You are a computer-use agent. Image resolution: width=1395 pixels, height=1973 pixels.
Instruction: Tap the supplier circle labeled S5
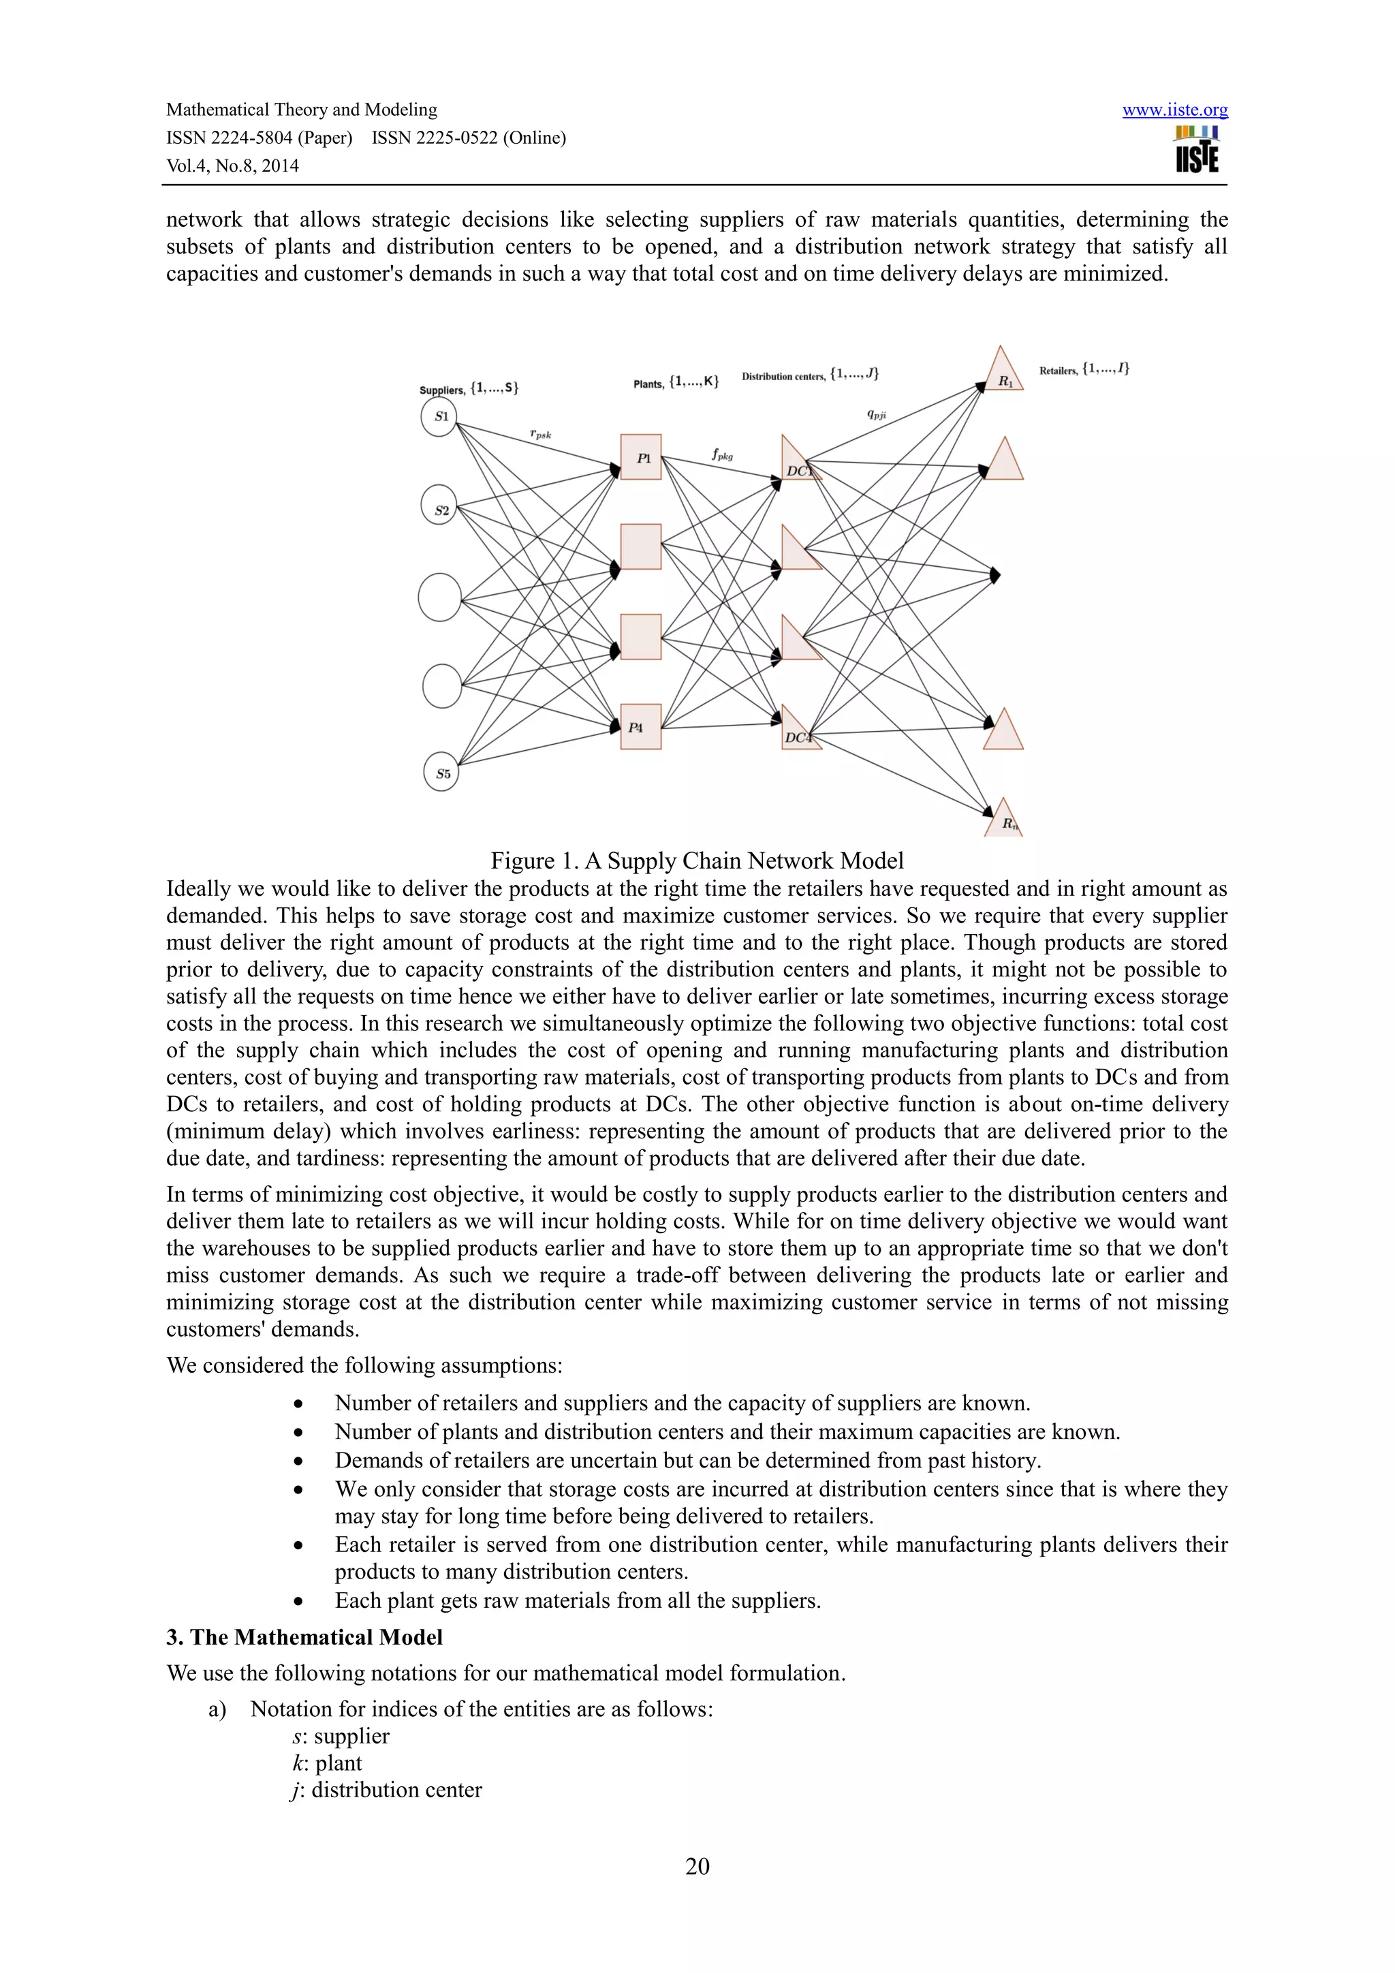pyautogui.click(x=441, y=773)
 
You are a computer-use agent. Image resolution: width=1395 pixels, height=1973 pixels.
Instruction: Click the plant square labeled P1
pyautogui.click(x=641, y=457)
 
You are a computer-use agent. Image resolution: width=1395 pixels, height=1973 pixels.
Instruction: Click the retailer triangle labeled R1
pyautogui.click(x=1003, y=375)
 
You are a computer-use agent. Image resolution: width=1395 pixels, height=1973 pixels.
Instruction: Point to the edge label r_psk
pyautogui.click(x=540, y=435)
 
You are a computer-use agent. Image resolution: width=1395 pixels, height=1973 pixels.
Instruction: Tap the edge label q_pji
pyautogui.click(x=876, y=414)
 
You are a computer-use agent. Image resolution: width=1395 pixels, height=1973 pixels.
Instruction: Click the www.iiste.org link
pyautogui.click(x=1174, y=110)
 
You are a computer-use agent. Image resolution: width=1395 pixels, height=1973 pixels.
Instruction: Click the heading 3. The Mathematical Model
pyautogui.click(x=305, y=1637)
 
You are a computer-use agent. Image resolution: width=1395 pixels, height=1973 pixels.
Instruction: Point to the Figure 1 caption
pyautogui.click(x=697, y=861)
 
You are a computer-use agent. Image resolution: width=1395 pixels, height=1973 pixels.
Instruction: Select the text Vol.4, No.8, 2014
pyautogui.click(x=233, y=166)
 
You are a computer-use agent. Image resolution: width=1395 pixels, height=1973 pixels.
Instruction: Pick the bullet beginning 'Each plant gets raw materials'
pyautogui.click(x=577, y=1601)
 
